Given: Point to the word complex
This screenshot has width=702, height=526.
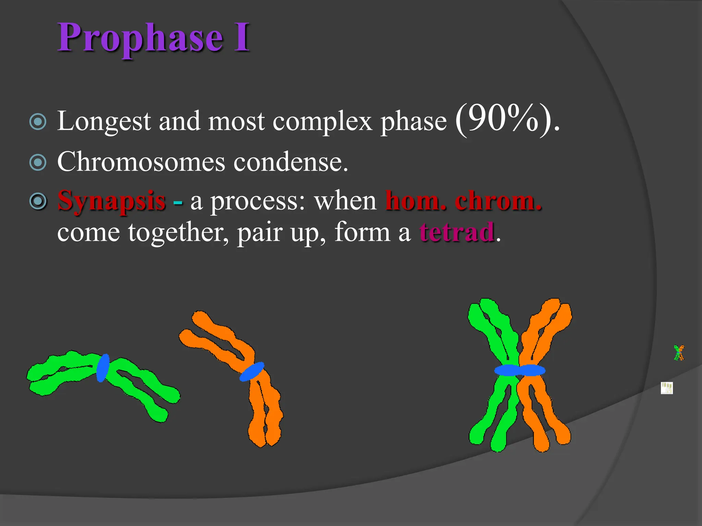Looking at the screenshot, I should click(322, 121).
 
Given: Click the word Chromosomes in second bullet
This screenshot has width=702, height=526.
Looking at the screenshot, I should click(141, 162).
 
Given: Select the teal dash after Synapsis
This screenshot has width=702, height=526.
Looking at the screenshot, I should click(178, 202).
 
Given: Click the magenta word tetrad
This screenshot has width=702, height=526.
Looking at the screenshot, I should click(457, 233).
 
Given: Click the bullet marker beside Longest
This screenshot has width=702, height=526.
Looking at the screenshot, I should click(38, 122).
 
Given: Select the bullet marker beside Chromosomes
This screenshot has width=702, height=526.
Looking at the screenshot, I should click(38, 162).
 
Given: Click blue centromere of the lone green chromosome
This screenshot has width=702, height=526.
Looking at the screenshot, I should click(102, 368).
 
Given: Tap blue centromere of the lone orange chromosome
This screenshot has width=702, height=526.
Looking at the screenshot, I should click(252, 372).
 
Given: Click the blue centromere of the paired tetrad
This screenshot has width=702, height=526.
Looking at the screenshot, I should click(520, 370).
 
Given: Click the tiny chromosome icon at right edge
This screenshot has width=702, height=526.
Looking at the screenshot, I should click(679, 353).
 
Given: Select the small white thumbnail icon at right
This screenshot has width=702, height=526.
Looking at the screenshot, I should click(667, 388).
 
